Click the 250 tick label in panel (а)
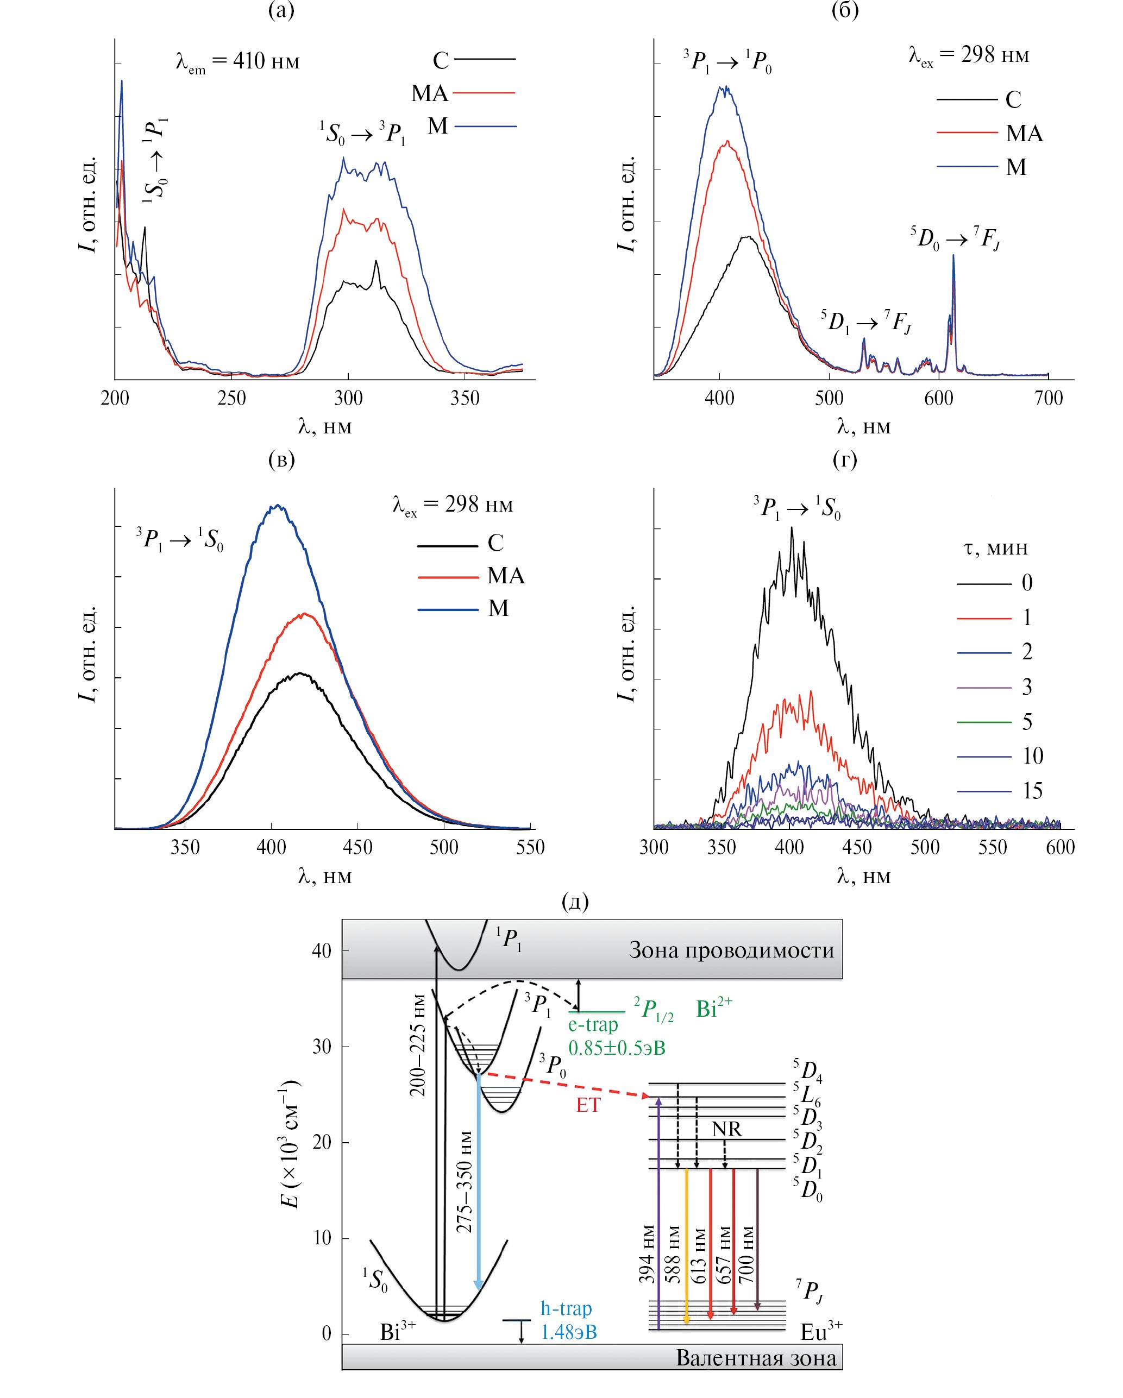231,398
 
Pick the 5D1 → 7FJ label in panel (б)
865,322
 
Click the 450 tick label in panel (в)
357,847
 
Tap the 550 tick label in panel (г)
993,847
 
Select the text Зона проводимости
731,950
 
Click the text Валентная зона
756,1358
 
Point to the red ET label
588,1105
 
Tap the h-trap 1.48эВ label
568,1320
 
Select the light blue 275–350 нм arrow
478,1187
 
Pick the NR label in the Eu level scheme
726,1129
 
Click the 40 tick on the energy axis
321,950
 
